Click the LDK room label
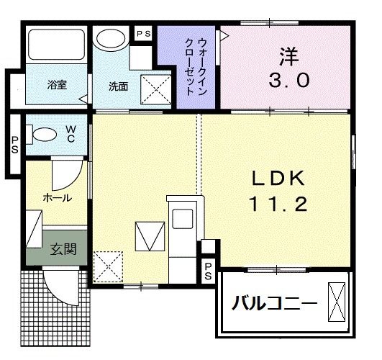[278, 177]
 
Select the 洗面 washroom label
[118, 86]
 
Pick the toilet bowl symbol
[45, 134]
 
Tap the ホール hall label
[57, 197]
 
